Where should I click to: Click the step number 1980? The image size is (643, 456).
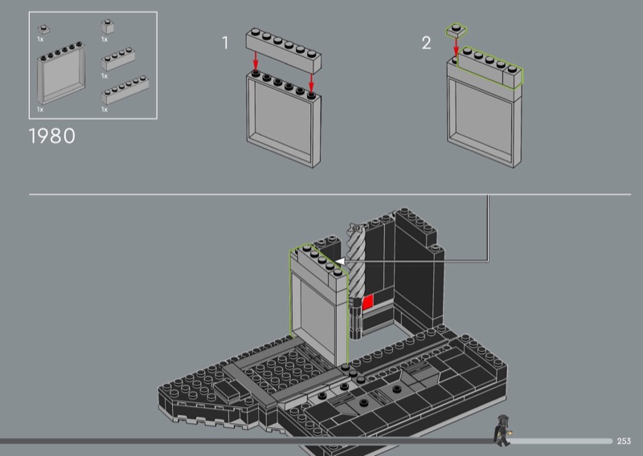coord(52,136)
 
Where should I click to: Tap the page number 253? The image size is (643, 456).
coord(624,441)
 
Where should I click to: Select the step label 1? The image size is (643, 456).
coord(225,43)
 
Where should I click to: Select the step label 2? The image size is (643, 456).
coord(427,43)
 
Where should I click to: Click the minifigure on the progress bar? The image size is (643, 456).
coord(502,430)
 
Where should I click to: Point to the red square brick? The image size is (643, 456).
coord(368,302)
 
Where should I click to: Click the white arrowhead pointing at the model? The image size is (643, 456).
coord(339,261)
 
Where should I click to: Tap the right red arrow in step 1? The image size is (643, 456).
coord(311,83)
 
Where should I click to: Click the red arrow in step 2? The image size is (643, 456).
coord(456,47)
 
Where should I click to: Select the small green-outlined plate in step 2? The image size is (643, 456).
coord(456,30)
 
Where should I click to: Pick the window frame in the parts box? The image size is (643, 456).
coord(62,73)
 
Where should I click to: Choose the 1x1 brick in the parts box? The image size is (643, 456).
coord(108,27)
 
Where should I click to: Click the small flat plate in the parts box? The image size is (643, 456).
coord(43,30)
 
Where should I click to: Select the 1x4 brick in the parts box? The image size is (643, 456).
coord(118,59)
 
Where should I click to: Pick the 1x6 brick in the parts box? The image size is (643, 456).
coord(125,90)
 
